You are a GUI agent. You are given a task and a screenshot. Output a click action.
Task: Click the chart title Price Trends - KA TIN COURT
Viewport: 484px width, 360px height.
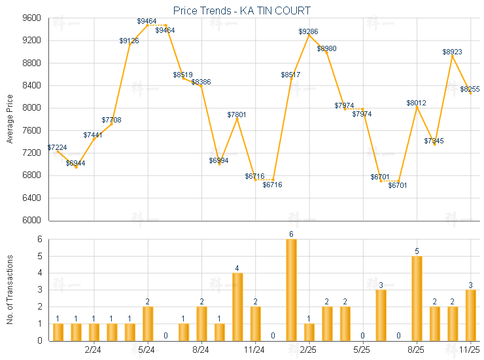coord(242,10)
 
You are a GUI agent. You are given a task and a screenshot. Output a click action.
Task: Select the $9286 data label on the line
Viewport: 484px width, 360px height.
coord(309,31)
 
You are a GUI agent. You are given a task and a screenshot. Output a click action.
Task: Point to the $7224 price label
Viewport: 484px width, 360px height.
coord(58,148)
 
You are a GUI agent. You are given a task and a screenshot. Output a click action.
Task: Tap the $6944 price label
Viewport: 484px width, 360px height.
coord(76,163)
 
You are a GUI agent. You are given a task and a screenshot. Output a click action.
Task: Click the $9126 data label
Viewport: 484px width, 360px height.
coord(129,41)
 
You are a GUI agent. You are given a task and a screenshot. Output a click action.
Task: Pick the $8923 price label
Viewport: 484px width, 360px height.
coord(452,51)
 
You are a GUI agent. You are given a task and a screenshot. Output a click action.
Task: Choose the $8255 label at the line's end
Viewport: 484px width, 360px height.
coord(470,90)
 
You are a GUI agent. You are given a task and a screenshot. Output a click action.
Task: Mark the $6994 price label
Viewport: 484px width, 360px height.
coord(219,160)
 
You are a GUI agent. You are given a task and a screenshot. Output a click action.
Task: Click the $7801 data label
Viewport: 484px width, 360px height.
coord(237,115)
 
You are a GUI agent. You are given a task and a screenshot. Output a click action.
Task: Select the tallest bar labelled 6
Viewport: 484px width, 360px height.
coord(291,289)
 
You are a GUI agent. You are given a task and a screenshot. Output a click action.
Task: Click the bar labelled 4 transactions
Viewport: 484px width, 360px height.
coord(237,306)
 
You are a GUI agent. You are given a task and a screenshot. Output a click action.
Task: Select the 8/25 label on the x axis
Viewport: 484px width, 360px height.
coord(417,350)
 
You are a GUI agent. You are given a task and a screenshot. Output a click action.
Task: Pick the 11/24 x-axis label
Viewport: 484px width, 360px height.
coord(255,350)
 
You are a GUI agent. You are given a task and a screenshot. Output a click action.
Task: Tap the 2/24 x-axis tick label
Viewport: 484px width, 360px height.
coord(94,350)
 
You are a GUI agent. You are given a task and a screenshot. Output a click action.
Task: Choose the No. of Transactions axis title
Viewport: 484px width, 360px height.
coord(10,289)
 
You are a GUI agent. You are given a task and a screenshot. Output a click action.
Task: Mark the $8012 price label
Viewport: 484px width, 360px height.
coord(416,103)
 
